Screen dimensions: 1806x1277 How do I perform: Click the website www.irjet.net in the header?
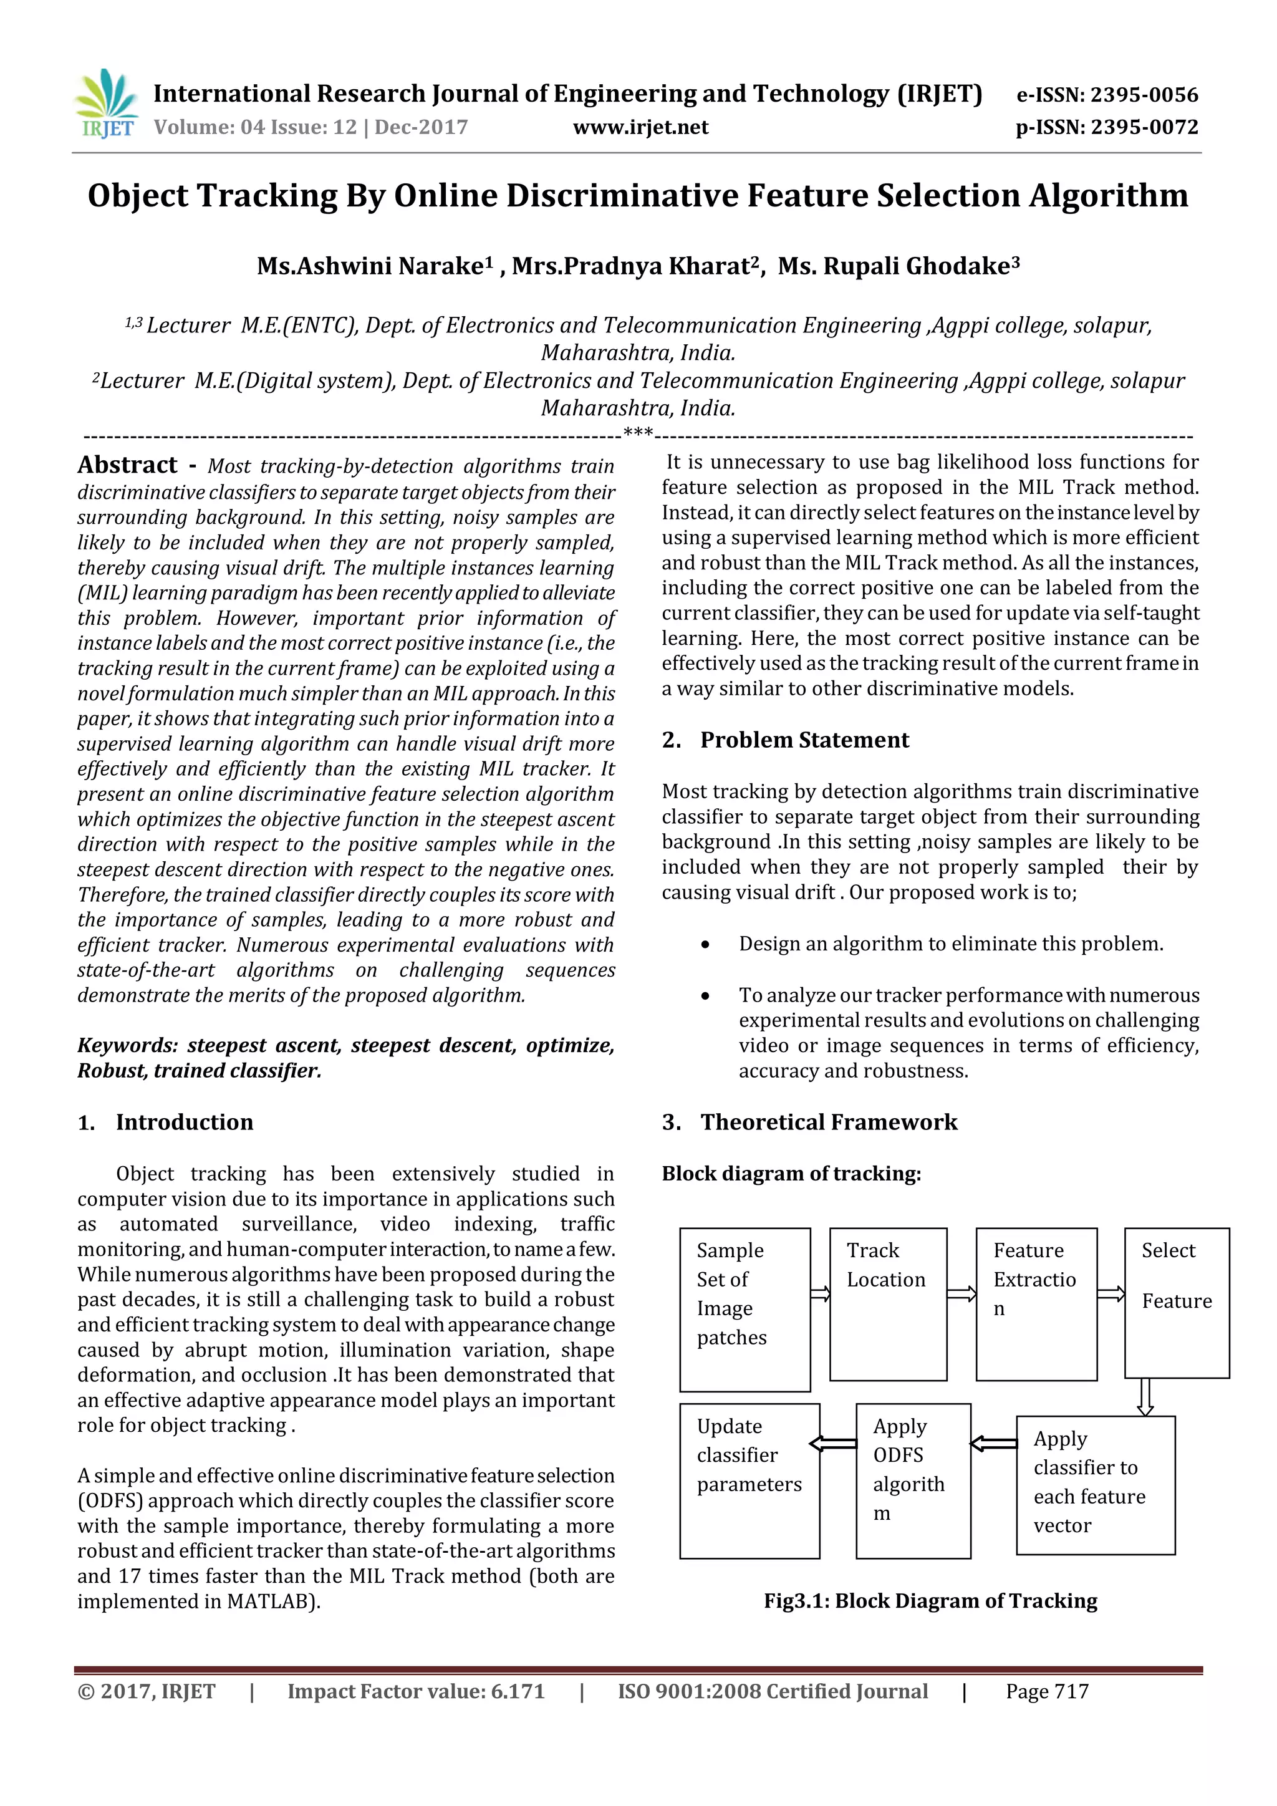(640, 127)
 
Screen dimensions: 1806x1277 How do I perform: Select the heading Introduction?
(184, 1122)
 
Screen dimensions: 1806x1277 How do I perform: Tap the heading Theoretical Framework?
(828, 1122)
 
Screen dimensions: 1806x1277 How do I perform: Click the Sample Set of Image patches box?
(744, 1310)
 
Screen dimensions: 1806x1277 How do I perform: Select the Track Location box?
(888, 1304)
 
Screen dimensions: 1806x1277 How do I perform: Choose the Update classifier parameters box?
(749, 1481)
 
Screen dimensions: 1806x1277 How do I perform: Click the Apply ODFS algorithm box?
(912, 1481)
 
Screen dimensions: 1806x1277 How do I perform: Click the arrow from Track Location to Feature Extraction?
(961, 1294)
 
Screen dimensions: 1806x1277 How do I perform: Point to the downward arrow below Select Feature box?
(1145, 1397)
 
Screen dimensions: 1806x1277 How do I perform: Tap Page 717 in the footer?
(1047, 1691)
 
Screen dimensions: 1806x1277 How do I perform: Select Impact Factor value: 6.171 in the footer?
(415, 1691)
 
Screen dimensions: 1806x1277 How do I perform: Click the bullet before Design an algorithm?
(705, 945)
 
